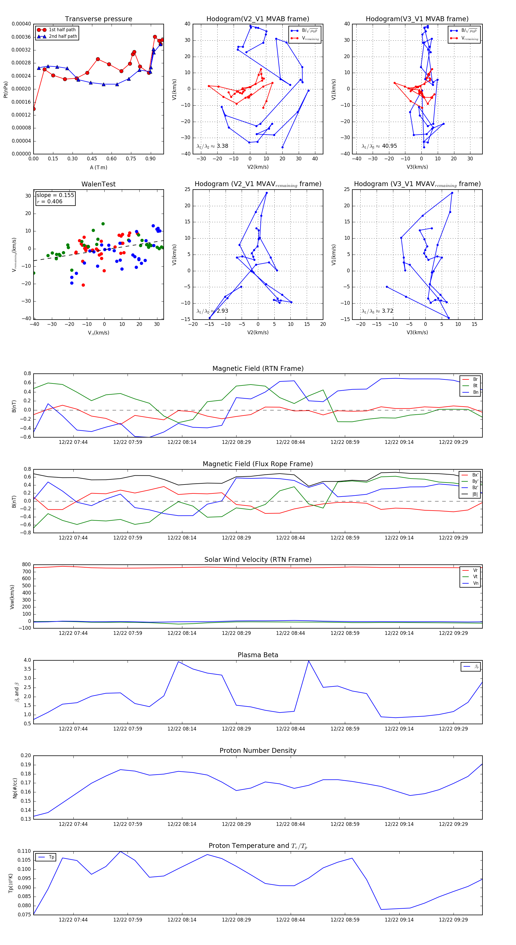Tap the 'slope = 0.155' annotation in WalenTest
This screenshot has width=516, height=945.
(x=55, y=195)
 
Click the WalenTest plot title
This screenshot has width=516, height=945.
(x=98, y=184)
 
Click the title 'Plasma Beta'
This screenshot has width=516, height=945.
(x=258, y=655)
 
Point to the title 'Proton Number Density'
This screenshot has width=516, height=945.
(x=258, y=751)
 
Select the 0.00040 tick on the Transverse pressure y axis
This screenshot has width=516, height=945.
(x=21, y=24)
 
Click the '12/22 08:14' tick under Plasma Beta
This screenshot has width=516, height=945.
(x=182, y=729)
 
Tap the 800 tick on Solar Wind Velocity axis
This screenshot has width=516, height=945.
(x=26, y=565)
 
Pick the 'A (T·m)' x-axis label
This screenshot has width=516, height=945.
(x=98, y=168)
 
